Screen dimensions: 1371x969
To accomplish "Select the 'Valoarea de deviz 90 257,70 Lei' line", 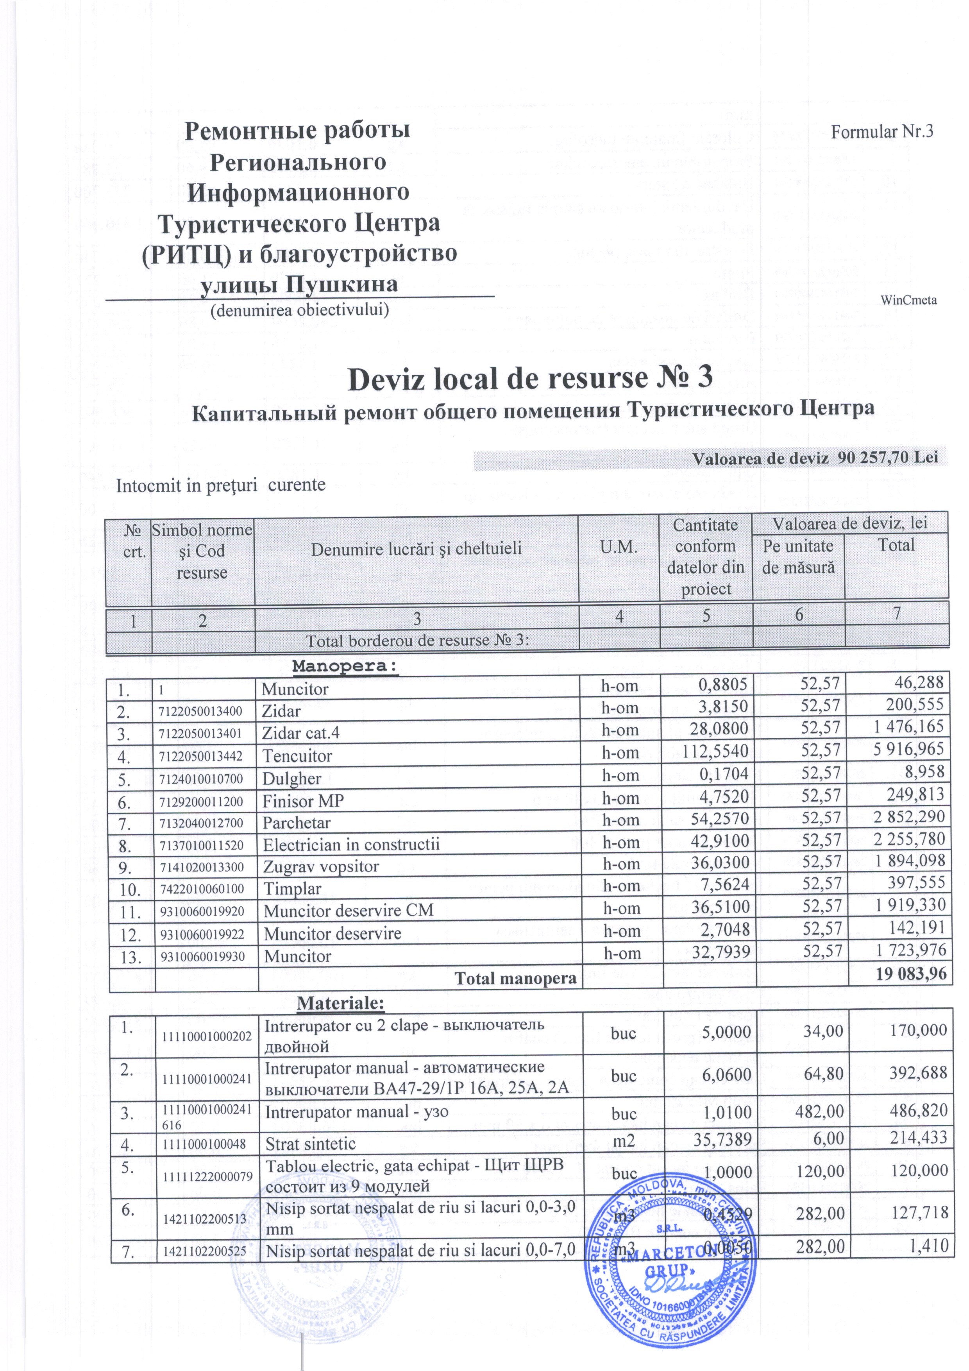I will (x=815, y=458).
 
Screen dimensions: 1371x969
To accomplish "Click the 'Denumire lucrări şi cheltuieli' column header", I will (x=416, y=549).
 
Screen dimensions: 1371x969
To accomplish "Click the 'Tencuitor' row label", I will (x=297, y=756).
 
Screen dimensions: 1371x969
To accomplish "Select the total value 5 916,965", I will (x=909, y=749).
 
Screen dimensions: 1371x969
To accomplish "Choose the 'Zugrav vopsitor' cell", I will (x=321, y=866).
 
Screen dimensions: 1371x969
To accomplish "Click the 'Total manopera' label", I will (x=515, y=978).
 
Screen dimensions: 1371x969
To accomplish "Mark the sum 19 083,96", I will (x=911, y=974).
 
